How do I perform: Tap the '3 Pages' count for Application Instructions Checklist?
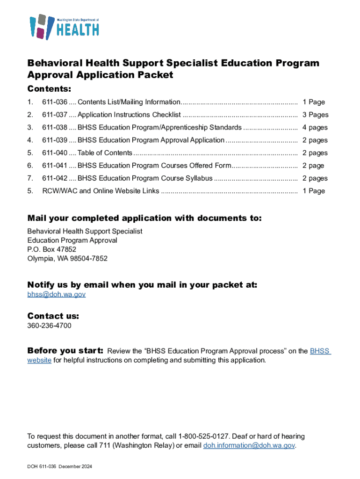tap(315, 115)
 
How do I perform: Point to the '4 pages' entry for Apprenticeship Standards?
tap(315, 127)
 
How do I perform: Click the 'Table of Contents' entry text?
tap(105, 153)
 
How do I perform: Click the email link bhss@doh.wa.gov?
tap(56, 294)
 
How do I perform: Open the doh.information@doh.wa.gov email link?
tap(249, 445)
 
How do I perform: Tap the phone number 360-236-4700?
tap(49, 326)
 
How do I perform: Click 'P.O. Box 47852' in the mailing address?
tap(51, 249)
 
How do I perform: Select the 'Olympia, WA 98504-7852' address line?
tap(67, 258)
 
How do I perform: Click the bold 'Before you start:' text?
tap(65, 351)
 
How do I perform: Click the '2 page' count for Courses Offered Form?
tap(313, 166)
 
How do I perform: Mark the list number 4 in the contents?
tap(30, 140)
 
